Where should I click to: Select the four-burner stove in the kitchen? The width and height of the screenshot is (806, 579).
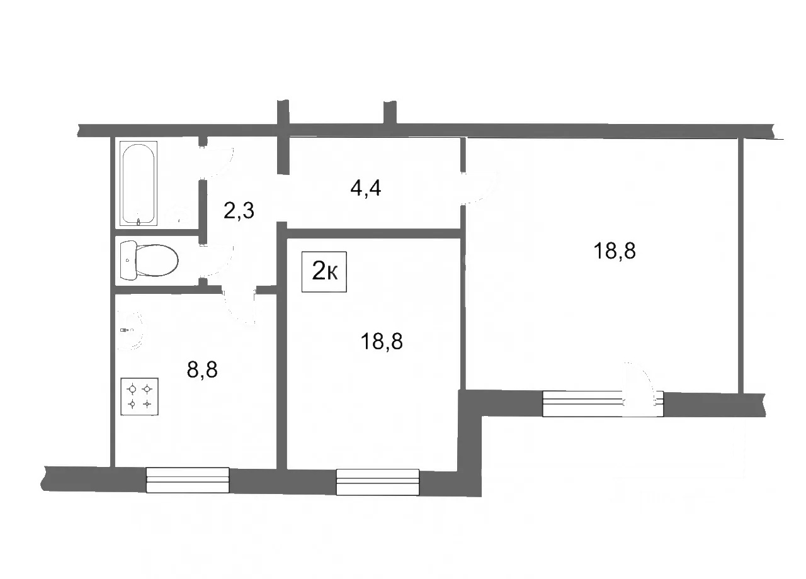pyautogui.click(x=139, y=396)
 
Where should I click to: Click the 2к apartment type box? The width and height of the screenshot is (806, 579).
pyautogui.click(x=324, y=271)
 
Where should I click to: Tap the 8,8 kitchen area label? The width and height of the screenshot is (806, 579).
pyautogui.click(x=202, y=369)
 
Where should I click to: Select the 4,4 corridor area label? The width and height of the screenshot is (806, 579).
pyautogui.click(x=366, y=188)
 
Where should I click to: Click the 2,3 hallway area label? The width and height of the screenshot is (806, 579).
pyautogui.click(x=239, y=210)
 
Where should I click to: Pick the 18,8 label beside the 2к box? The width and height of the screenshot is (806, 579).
pyautogui.click(x=382, y=341)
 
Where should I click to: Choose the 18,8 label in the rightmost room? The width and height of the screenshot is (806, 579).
pyautogui.click(x=615, y=250)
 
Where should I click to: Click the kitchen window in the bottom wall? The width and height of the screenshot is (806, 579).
pyautogui.click(x=188, y=480)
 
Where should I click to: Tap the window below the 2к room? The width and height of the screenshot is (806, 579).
pyautogui.click(x=377, y=482)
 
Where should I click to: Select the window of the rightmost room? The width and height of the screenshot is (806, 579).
pyautogui.click(x=583, y=403)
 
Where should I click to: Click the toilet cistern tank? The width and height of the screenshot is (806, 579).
pyautogui.click(x=128, y=261)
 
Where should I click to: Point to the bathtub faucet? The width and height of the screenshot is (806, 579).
pyautogui.click(x=139, y=221)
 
